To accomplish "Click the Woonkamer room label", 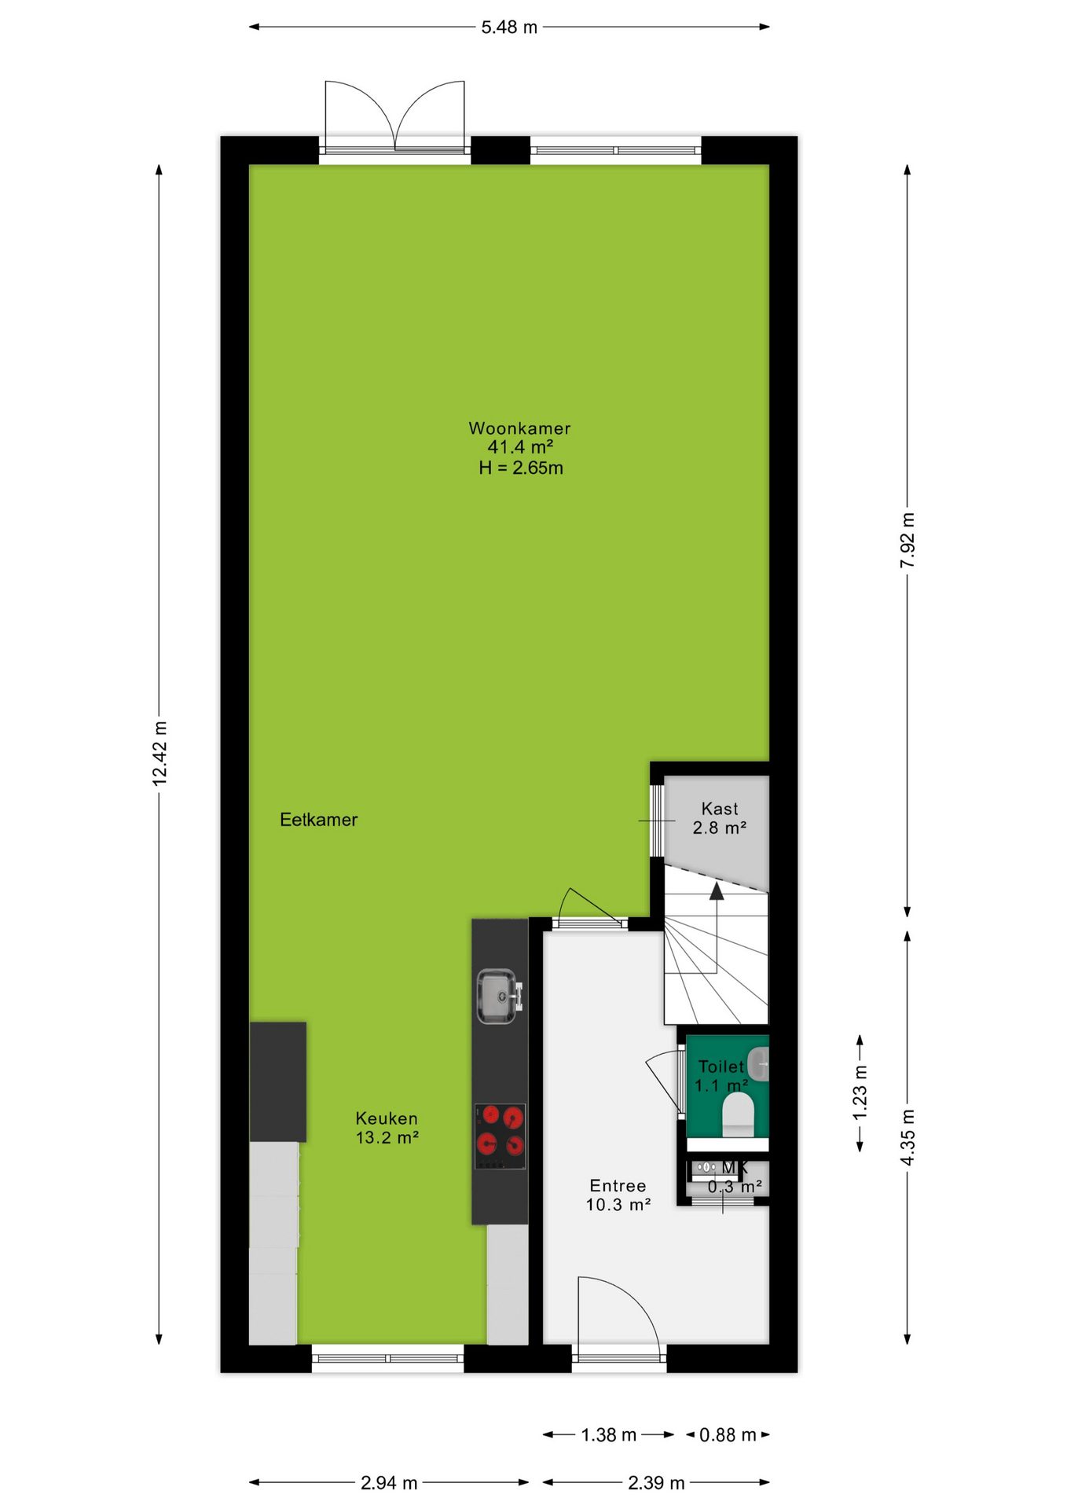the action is pos(519,428).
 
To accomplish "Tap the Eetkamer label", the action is pos(318,820).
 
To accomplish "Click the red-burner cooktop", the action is pos(500,1136).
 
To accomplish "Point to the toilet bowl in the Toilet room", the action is pos(738,1114).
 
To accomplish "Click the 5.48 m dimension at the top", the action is pos(509,27).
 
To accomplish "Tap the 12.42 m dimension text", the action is pos(159,753).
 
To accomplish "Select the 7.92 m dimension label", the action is pos(907,540).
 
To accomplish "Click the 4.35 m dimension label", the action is pos(907,1137).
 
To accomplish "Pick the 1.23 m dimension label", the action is pos(860,1092).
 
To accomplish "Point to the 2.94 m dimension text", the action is pos(389,1482).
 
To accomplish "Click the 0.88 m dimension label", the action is pos(728,1434).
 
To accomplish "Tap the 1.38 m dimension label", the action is pos(608,1434).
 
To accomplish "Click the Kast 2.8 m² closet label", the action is pos(719,818).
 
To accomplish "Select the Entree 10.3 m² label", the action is pos(618,1195).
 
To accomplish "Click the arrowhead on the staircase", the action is pos(717,890).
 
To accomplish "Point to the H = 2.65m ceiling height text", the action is pos(521,468).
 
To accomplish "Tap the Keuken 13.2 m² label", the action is pos(387,1128).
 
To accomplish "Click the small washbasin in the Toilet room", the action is pos(758,1065).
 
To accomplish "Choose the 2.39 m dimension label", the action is pos(656,1482).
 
